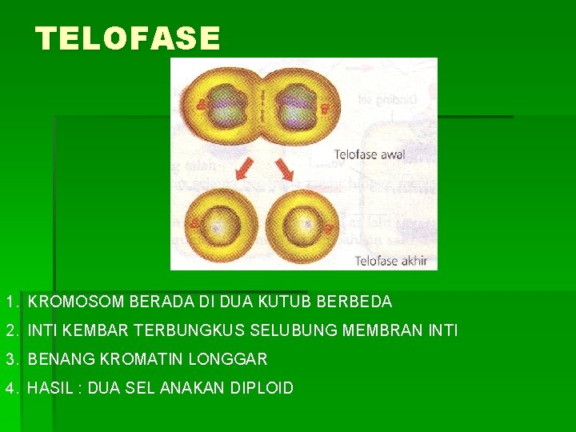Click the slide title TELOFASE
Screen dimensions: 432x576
click(128, 38)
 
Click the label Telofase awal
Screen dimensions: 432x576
click(369, 154)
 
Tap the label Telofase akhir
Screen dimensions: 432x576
click(391, 260)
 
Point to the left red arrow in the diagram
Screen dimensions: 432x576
click(241, 170)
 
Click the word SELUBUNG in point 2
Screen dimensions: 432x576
click(284, 330)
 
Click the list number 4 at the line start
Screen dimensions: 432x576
click(10, 388)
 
